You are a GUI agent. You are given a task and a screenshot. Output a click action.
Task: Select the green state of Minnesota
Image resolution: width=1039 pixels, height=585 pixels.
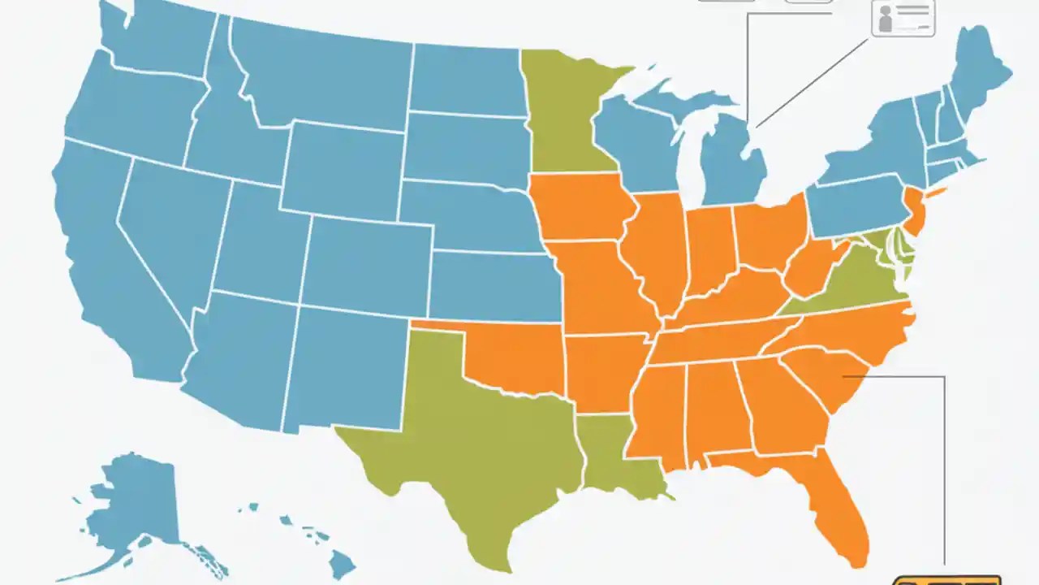click(x=564, y=114)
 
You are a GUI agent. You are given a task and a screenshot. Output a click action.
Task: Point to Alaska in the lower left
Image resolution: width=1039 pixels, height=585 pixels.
click(x=138, y=504)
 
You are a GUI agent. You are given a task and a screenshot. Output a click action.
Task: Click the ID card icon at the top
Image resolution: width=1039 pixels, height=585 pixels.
click(x=903, y=18)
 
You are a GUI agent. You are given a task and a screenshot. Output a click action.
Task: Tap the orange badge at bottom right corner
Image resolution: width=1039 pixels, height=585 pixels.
click(x=946, y=580)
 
